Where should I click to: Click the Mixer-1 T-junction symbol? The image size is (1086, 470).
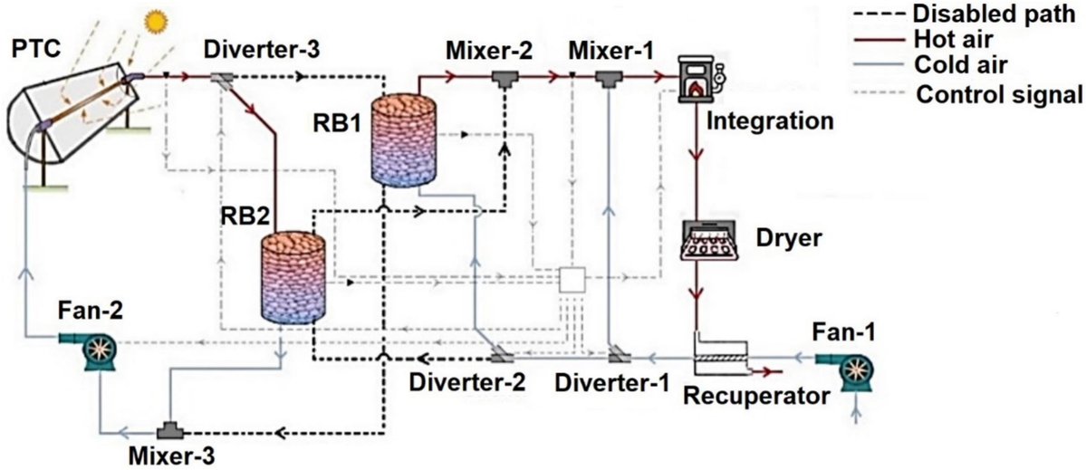[607, 81]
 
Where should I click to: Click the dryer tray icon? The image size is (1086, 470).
[711, 242]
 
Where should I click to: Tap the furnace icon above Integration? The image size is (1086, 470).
[699, 76]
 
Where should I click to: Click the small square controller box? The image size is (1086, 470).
[573, 279]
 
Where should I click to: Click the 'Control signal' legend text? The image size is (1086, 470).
[986, 92]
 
